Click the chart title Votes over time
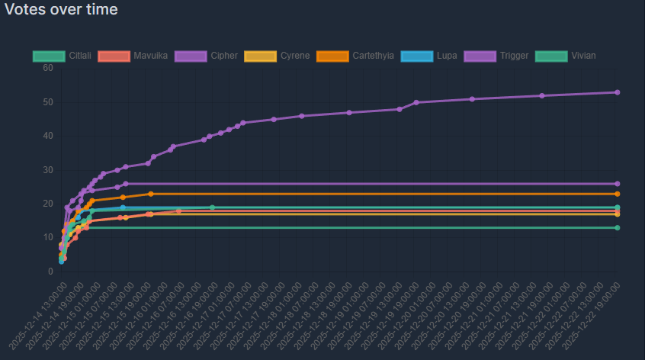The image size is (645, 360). [61, 10]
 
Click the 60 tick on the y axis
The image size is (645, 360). [48, 68]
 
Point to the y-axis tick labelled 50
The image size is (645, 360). [48, 102]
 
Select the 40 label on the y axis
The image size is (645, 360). [48, 136]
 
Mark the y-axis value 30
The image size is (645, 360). [48, 170]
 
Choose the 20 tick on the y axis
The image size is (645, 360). [48, 204]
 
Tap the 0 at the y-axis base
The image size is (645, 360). [50, 272]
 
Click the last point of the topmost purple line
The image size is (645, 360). [617, 92]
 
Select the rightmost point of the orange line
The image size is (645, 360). [617, 194]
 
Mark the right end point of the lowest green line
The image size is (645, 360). [617, 228]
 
